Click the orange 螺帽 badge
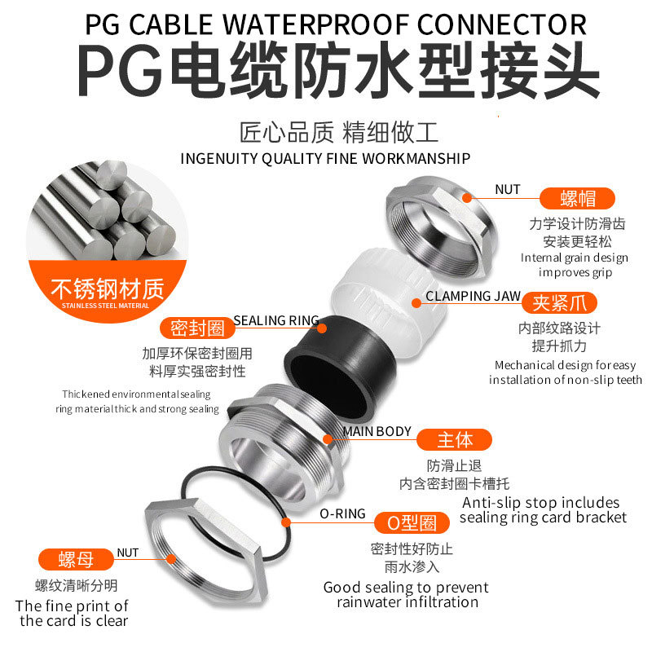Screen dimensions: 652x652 (x=577, y=198)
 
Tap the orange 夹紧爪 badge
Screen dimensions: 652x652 (x=559, y=302)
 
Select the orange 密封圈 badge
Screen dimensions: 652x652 (x=197, y=328)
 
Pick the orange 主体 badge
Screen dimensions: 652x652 (x=454, y=439)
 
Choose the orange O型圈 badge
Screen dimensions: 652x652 (x=412, y=522)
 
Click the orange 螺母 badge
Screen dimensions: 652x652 (x=76, y=559)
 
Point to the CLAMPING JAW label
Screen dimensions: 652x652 (x=474, y=296)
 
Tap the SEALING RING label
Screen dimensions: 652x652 (x=276, y=320)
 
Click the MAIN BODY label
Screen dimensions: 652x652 (x=377, y=432)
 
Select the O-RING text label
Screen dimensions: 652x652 (x=342, y=514)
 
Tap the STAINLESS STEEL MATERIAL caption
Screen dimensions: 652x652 (x=105, y=306)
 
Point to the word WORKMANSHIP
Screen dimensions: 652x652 (x=416, y=158)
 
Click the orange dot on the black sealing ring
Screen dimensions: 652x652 (x=322, y=328)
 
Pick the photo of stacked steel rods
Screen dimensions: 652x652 (x=108, y=212)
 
